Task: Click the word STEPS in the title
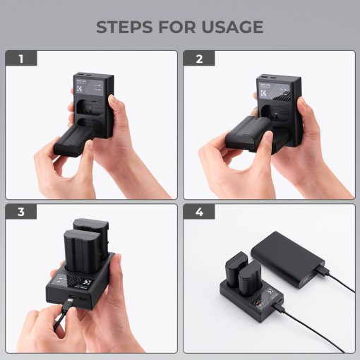coord(125,27)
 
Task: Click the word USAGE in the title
coord(230,27)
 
